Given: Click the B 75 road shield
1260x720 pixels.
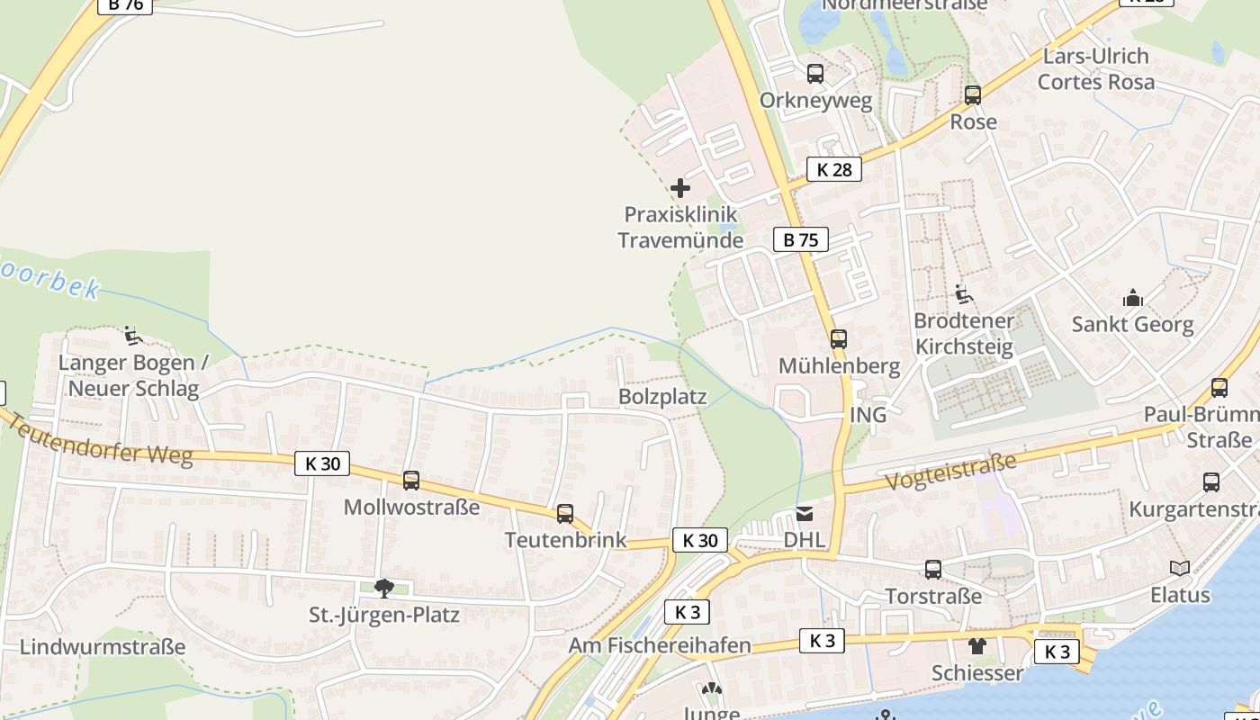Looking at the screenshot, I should pos(800,239).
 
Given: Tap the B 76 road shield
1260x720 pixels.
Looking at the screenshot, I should pos(125,4).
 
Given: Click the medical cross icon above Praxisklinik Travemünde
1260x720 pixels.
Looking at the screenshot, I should pos(680,188).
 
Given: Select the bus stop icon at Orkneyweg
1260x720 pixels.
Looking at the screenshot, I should pos(815,74).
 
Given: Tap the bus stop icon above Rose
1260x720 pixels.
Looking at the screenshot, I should pos(972,94).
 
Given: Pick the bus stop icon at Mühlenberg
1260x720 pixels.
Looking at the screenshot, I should pos(839,339).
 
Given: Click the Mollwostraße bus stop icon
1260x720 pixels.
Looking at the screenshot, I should pos(411,481).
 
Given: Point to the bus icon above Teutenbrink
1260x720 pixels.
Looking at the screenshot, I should pos(565,514).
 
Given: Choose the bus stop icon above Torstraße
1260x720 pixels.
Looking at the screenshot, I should pos(933,570).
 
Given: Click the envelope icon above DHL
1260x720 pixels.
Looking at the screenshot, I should pos(805,514).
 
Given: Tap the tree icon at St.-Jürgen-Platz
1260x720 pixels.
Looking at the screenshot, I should pos(384,589).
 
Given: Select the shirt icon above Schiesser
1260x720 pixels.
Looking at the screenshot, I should pos(977,646).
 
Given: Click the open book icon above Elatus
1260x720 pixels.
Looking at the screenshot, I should pos(1179,568).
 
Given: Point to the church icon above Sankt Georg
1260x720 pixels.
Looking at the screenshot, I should pos(1132,298).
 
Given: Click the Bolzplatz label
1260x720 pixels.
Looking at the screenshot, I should pos(662,397).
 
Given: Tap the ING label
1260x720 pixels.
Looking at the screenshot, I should pos(868,415).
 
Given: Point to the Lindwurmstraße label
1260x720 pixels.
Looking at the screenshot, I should pos(103,647).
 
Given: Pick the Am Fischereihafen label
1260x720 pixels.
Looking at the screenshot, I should pos(660,645).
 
